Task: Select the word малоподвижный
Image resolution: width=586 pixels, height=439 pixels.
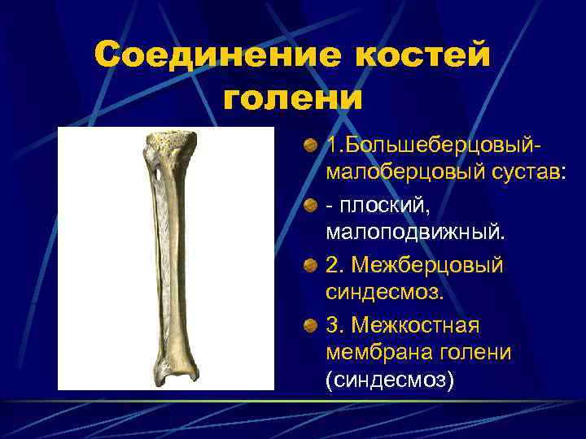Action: pos(415,233)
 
